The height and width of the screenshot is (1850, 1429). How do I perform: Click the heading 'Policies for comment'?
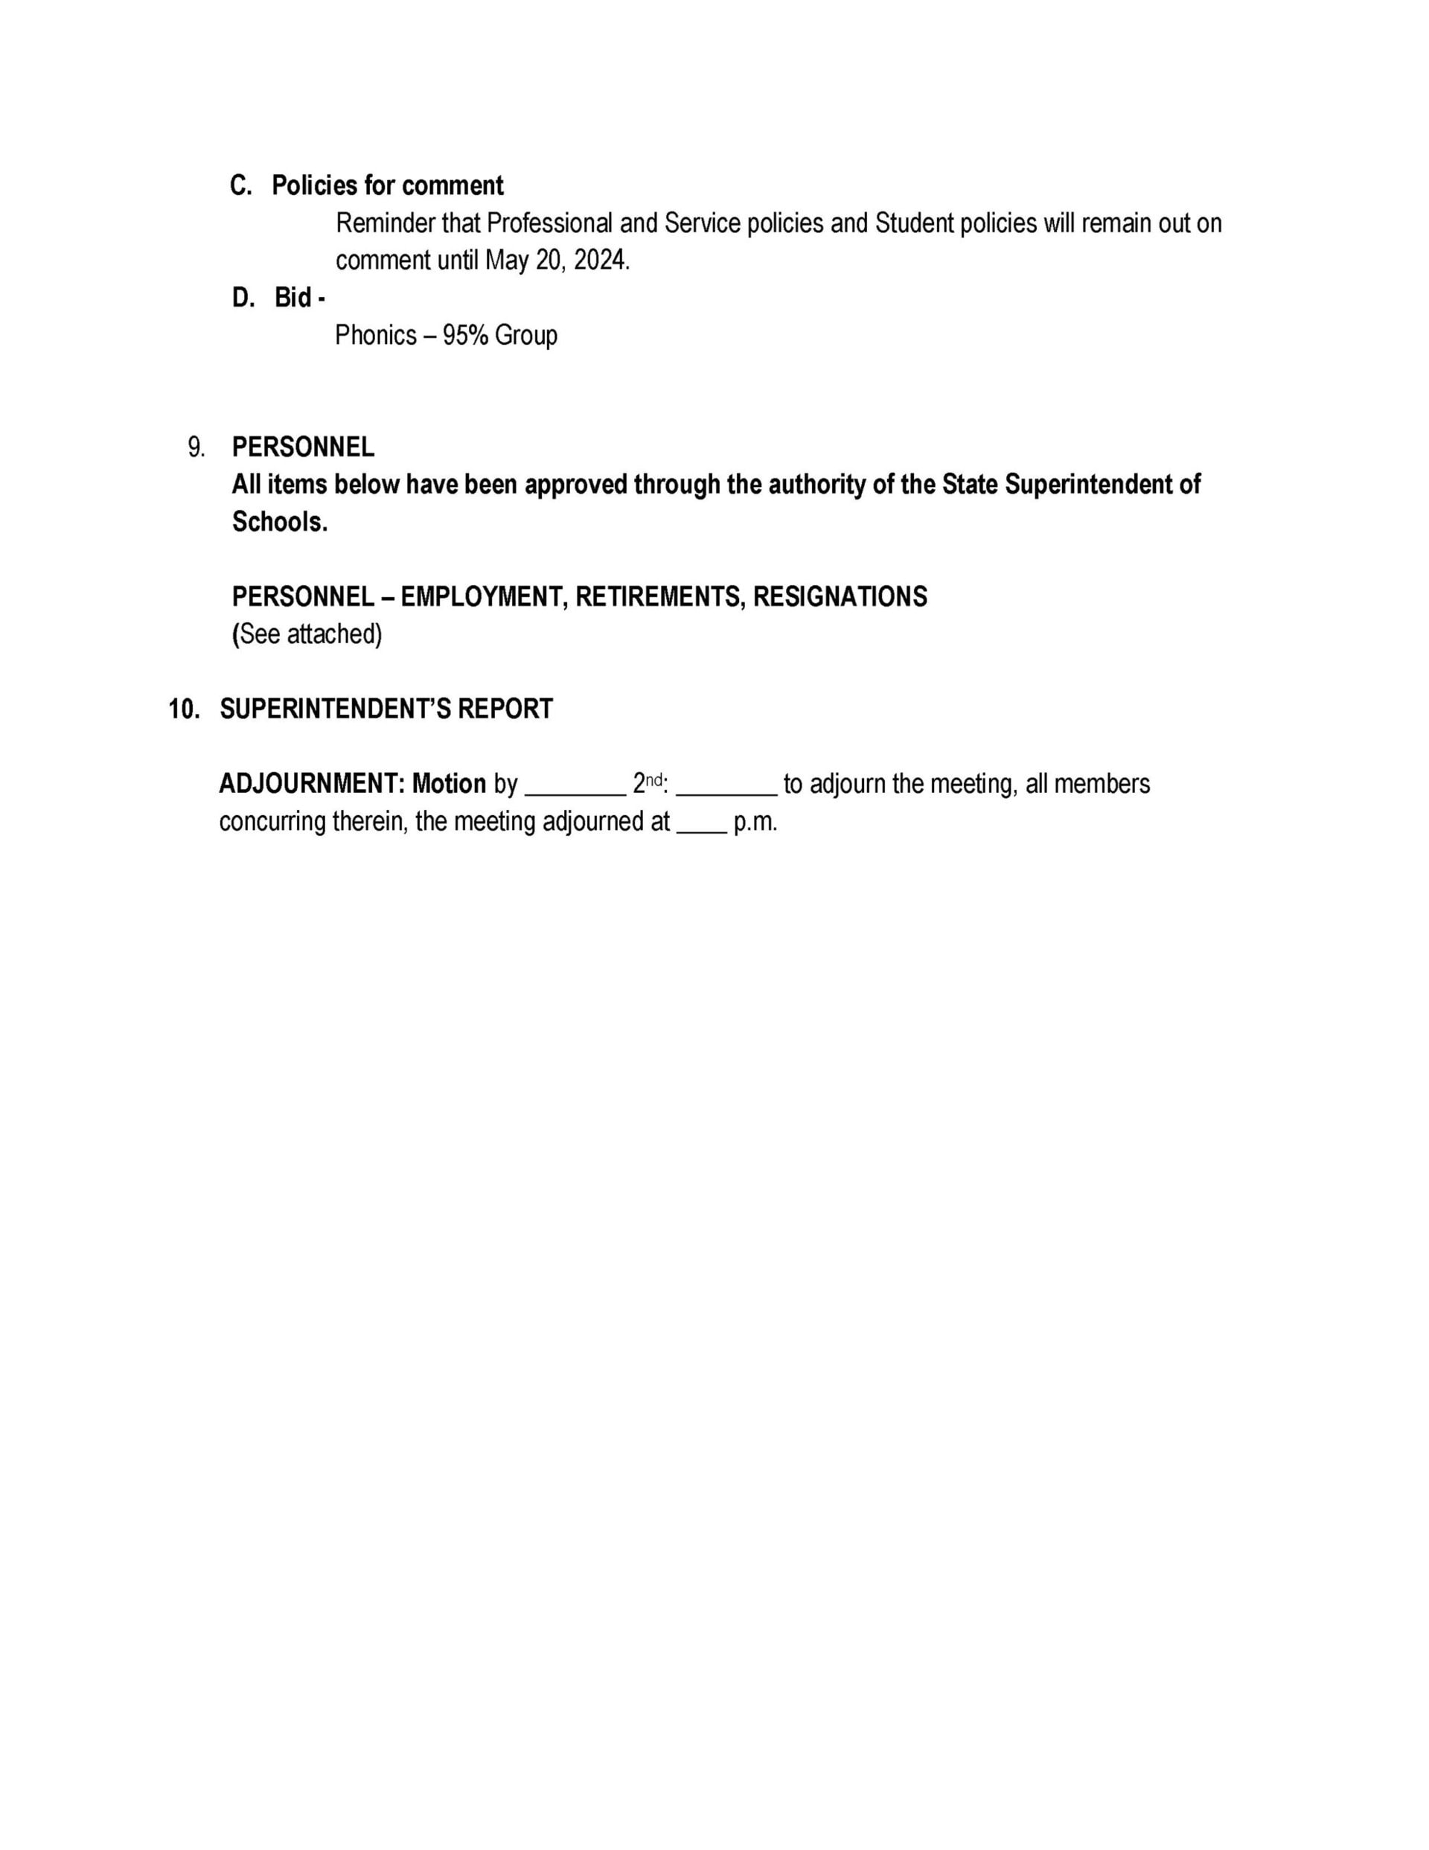tap(387, 185)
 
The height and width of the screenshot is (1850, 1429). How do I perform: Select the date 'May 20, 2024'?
tap(557, 260)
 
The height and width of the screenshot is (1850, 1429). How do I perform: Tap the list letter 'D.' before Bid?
tap(243, 299)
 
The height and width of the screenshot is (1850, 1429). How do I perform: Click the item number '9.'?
tap(196, 447)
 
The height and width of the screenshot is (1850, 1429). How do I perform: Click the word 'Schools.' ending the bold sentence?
tap(280, 522)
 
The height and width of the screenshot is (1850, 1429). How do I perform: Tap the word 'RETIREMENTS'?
tap(661, 597)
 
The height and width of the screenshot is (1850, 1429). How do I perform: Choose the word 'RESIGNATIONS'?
tap(840, 597)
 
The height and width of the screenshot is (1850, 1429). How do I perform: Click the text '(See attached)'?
tap(307, 634)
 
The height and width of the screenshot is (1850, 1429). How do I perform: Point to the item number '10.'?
tap(185, 709)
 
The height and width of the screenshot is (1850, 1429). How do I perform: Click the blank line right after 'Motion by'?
tap(575, 791)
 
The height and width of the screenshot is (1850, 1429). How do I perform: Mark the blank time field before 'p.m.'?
tap(700, 829)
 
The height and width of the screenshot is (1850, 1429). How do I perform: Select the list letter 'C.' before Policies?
tap(241, 185)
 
